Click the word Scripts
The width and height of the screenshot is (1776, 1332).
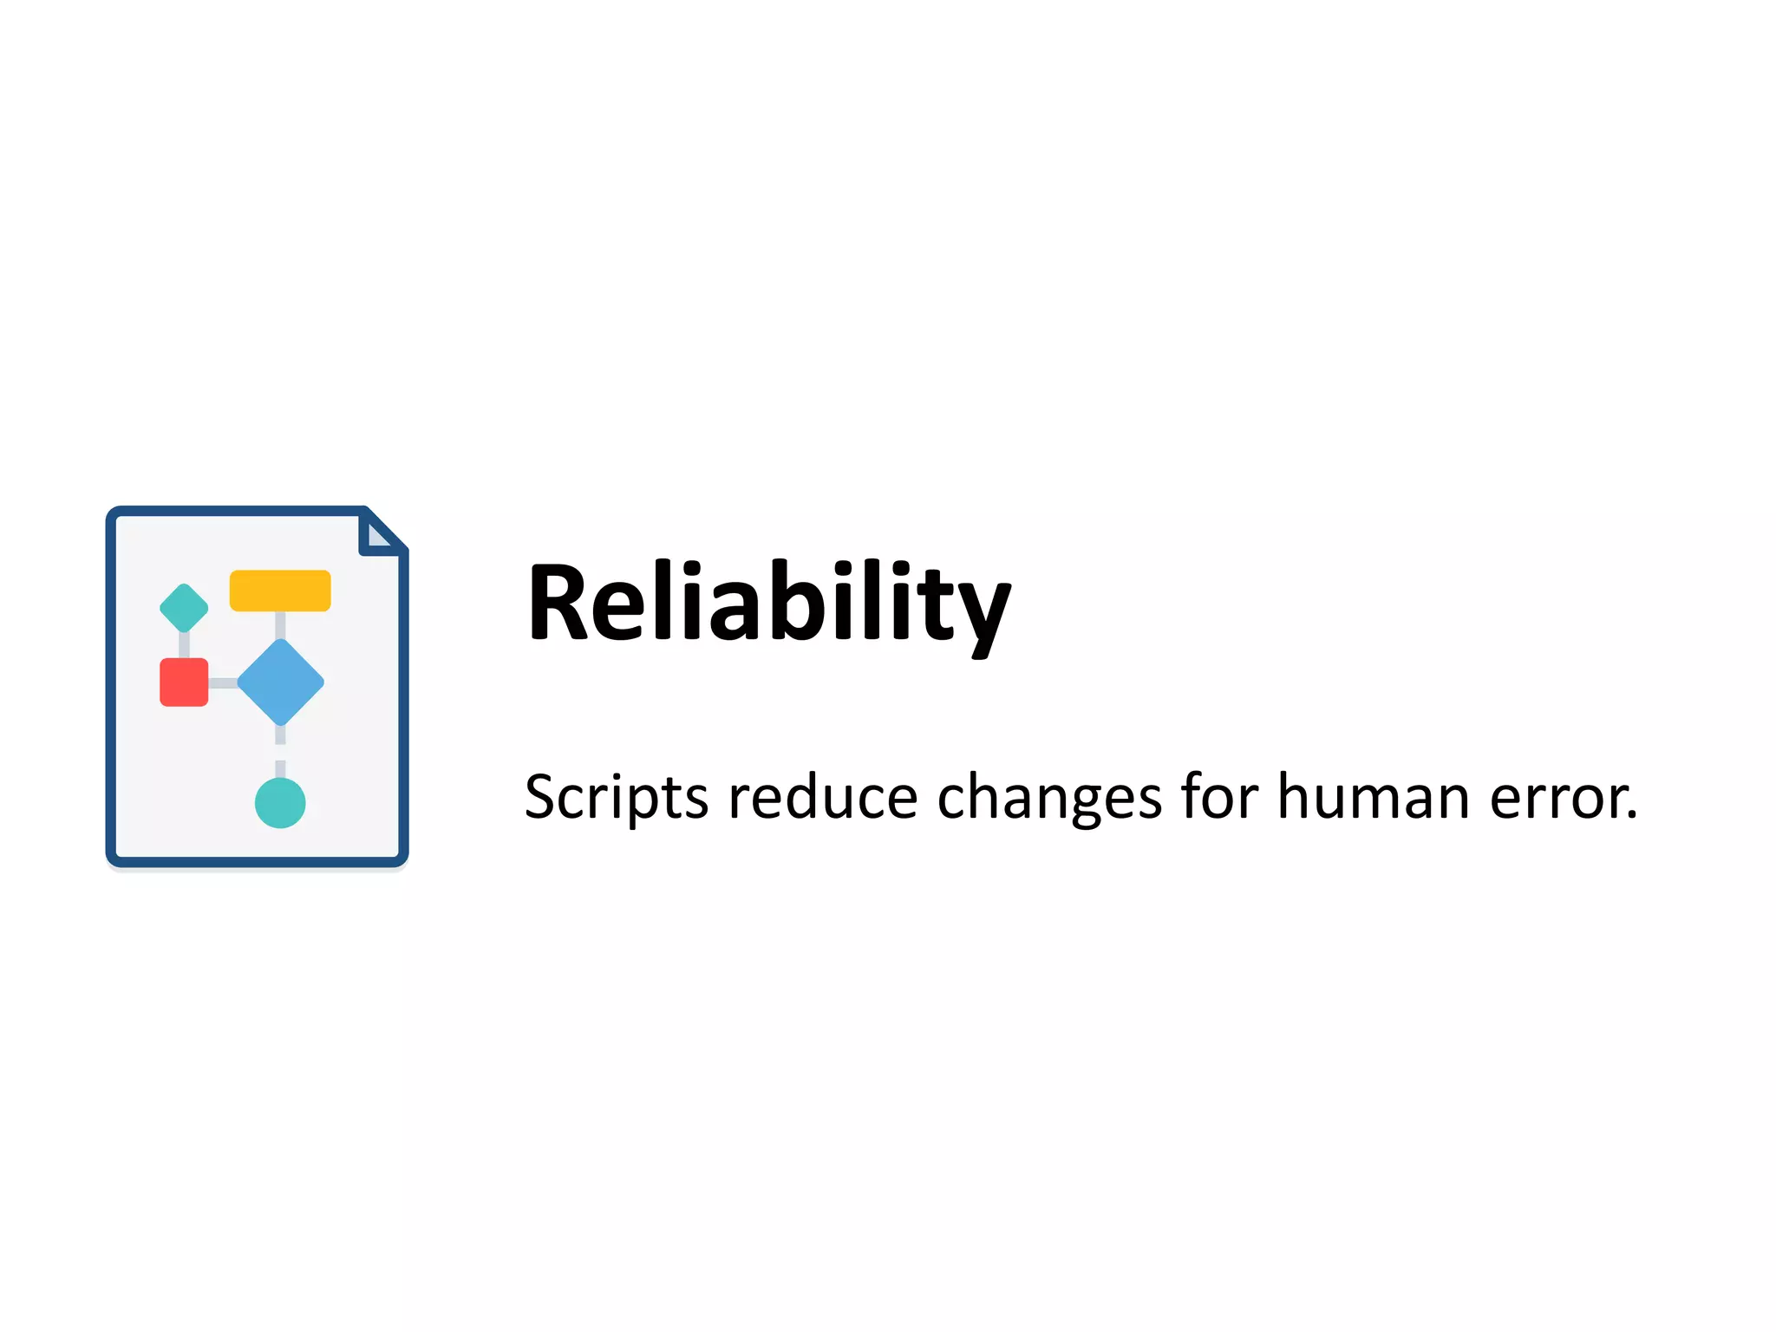(616, 797)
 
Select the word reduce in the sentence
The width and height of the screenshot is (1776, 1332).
(822, 797)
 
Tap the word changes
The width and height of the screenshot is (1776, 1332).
(1049, 797)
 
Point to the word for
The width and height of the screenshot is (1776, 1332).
(1218, 795)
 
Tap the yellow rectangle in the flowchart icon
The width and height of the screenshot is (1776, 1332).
(280, 591)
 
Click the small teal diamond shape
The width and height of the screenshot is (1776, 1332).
(184, 608)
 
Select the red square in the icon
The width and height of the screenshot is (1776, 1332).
(184, 682)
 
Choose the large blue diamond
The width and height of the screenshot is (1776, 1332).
(280, 682)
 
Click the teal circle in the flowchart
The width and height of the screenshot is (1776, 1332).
(280, 803)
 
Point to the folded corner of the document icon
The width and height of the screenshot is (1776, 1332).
(380, 533)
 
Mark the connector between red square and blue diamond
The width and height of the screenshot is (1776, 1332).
(223, 683)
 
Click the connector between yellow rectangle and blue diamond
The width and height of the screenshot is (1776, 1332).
(280, 625)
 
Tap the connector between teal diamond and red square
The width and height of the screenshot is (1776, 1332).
(184, 645)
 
